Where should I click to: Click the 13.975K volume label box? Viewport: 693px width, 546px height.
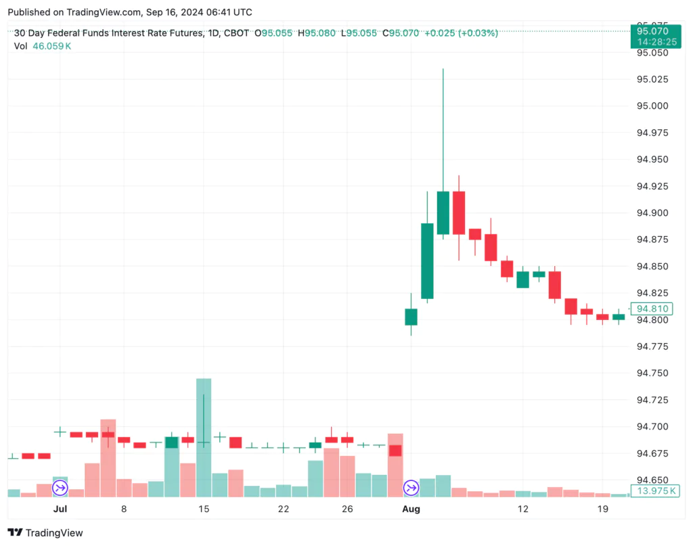tap(654, 491)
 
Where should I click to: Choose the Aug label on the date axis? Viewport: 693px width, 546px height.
tap(411, 508)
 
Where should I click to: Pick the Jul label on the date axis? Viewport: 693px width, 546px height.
tap(60, 508)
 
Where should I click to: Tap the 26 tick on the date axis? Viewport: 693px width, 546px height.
tap(347, 508)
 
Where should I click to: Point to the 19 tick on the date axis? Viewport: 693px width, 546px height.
tap(603, 508)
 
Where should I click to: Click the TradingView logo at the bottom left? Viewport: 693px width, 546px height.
tap(45, 532)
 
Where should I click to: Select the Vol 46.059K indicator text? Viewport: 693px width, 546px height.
tap(43, 45)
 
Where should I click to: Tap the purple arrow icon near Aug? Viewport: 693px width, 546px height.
tap(411, 487)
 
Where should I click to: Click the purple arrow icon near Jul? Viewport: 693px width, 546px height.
tap(60, 487)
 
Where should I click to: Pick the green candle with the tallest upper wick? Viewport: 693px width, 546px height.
tap(443, 212)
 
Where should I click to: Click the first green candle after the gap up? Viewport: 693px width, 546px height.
tap(411, 317)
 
